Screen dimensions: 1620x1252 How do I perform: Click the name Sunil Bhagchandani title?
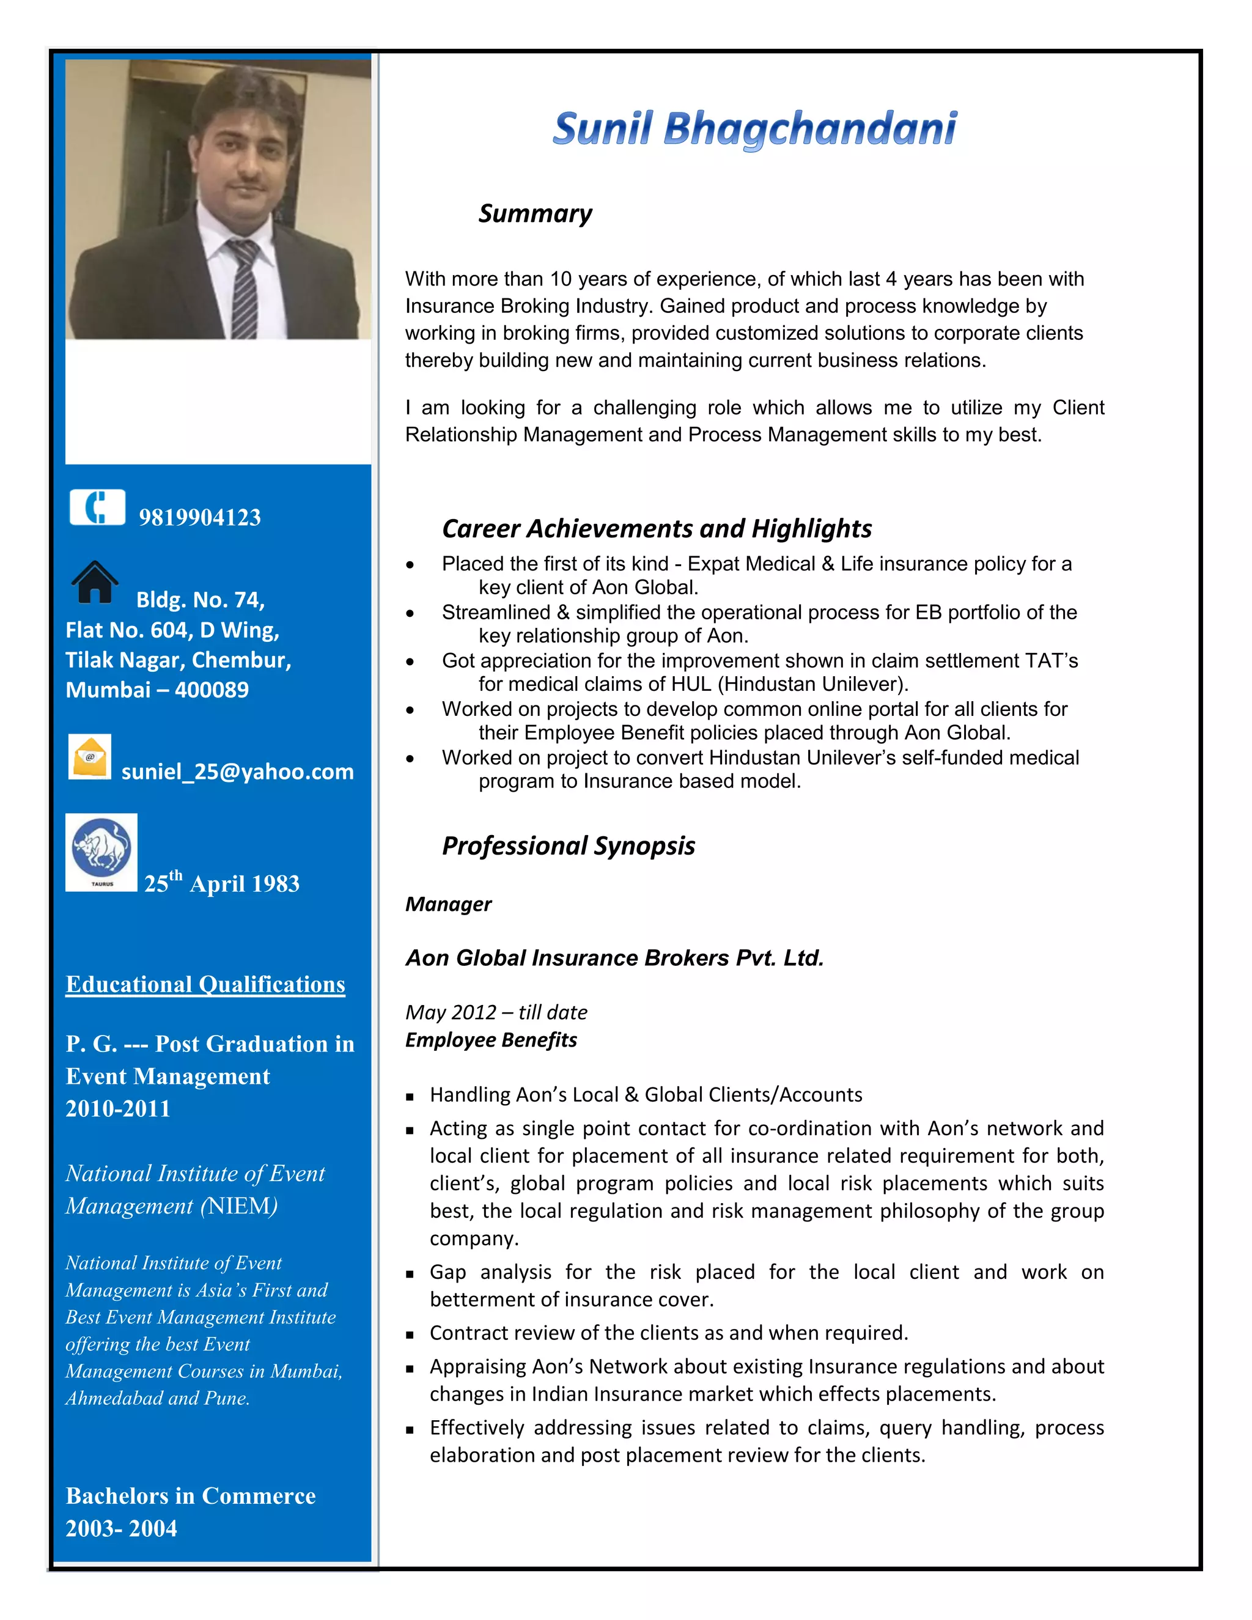754,129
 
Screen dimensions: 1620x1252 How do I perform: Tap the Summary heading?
535,213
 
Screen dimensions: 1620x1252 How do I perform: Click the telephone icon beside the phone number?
97,507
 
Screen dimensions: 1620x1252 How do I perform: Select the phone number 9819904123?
199,517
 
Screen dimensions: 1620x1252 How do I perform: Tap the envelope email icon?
90,757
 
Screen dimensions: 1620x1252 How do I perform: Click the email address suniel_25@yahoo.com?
237,771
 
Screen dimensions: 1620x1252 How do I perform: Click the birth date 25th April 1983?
222,883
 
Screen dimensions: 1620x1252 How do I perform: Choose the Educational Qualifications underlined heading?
205,984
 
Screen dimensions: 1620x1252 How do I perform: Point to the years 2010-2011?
118,1108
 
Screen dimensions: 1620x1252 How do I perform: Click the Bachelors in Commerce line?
191,1495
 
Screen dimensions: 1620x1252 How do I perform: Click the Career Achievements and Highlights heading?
657,529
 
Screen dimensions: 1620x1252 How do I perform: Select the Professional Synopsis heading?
568,845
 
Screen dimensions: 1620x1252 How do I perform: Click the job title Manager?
448,904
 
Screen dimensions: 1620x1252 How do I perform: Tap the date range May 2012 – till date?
496,1012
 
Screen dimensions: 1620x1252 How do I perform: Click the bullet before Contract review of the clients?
410,1335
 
